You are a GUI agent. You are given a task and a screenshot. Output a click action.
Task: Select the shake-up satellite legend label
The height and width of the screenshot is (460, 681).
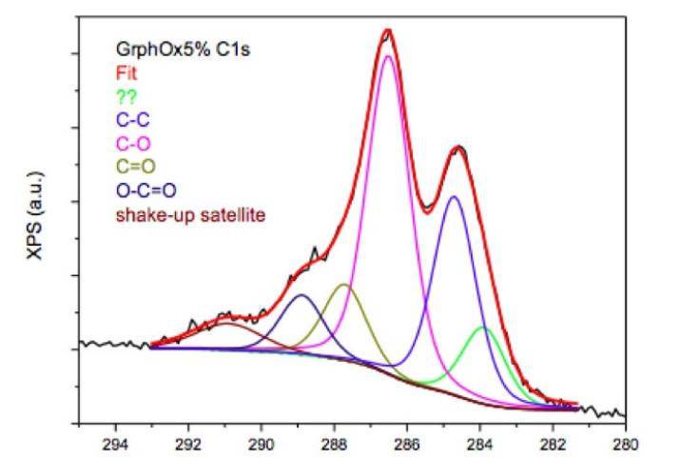tap(189, 214)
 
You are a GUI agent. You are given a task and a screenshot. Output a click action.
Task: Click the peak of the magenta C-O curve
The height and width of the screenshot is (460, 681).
tap(387, 57)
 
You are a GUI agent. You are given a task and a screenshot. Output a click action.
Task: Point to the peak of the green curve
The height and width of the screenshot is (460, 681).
tap(483, 327)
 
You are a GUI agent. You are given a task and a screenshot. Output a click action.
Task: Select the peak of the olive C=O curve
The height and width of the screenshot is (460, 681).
tap(344, 285)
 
